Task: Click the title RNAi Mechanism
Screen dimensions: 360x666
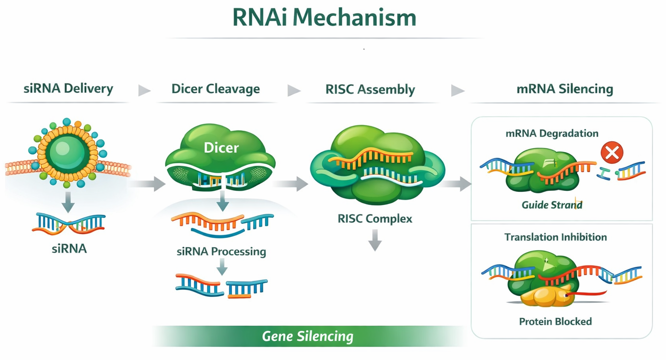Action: pos(324,18)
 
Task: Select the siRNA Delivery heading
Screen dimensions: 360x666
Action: pos(68,89)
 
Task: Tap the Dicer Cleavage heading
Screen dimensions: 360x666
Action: pos(215,89)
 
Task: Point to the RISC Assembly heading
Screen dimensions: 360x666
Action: pos(370,90)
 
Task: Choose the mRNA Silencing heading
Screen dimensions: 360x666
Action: pos(564,89)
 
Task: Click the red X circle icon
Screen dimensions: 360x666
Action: pos(612,154)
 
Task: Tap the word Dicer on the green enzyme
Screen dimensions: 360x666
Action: pos(221,147)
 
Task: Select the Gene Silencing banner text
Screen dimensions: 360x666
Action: pos(307,336)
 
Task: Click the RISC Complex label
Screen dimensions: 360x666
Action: pos(375,218)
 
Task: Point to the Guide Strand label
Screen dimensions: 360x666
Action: pos(552,205)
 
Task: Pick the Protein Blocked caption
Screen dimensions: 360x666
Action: pos(555,322)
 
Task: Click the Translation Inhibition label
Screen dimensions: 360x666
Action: pos(555,237)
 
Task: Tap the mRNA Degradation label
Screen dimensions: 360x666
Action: pos(552,133)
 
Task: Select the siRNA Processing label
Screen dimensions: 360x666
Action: pos(221,252)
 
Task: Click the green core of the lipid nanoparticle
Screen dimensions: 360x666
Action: pos(68,153)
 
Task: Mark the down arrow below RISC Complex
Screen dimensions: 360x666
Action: pos(375,240)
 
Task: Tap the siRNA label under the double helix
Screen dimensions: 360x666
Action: pos(69,249)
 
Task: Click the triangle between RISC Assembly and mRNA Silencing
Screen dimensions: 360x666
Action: pos(457,90)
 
